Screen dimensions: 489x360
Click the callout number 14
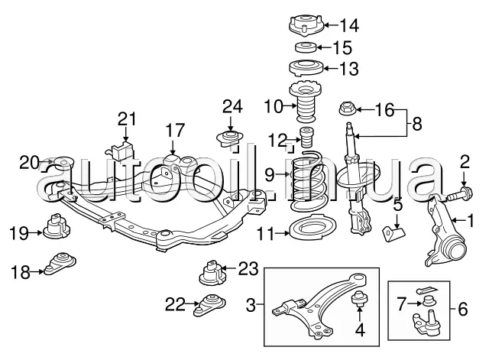tap(349, 25)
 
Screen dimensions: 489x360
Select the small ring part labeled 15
tap(306, 47)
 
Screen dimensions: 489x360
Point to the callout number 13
tap(348, 68)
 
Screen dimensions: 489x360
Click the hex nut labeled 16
tap(347, 109)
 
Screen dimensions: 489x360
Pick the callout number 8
tap(416, 124)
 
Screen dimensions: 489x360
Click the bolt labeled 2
tap(460, 194)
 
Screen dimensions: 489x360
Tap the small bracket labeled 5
tap(393, 233)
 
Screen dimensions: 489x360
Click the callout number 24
tap(232, 106)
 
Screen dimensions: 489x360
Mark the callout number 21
tap(128, 119)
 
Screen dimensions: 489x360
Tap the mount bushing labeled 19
tap(57, 225)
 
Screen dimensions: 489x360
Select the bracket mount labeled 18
tap(60, 263)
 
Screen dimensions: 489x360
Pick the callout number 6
tap(463, 309)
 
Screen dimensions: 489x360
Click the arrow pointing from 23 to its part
tap(229, 268)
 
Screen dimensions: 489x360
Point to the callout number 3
tap(251, 305)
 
